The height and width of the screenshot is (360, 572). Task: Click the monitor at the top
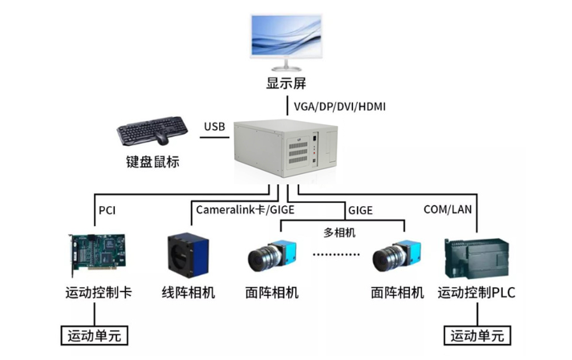tap(286, 36)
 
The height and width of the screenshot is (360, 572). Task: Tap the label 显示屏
tap(286, 83)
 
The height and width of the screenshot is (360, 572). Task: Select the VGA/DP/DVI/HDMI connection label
tap(340, 106)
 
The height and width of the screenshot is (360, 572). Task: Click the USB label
tap(215, 127)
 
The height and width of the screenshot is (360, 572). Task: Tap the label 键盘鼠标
tap(152, 162)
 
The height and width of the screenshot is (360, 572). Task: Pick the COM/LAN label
tap(448, 210)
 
